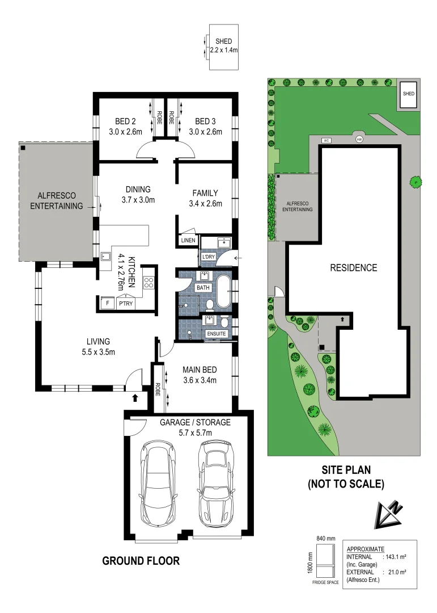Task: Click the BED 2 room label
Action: (125, 121)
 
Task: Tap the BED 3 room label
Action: (205, 121)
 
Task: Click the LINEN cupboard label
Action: (188, 241)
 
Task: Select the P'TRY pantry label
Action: (125, 304)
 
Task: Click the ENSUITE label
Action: (217, 334)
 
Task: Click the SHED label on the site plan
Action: (408, 94)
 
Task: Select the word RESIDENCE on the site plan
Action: (354, 267)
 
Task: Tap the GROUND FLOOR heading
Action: (141, 561)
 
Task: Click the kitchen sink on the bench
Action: (105, 257)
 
